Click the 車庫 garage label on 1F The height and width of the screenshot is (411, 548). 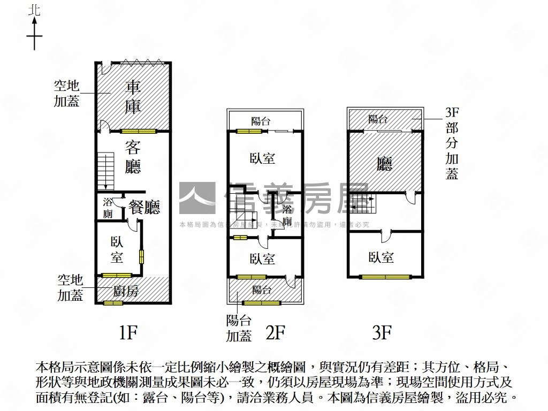(133, 97)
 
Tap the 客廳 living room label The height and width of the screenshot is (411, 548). (133, 156)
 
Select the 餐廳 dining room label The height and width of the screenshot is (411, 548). (145, 207)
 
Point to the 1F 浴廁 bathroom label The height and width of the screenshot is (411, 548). (108, 208)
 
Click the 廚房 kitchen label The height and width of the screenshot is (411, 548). (126, 291)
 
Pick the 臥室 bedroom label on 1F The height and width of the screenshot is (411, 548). (117, 249)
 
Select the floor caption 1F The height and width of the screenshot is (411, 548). (128, 333)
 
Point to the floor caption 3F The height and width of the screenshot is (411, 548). (382, 333)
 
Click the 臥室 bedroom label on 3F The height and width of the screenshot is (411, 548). (381, 257)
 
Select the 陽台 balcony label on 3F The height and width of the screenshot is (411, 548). (378, 119)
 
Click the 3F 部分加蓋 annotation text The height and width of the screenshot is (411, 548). (452, 143)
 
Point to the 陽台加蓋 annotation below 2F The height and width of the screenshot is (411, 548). (239, 328)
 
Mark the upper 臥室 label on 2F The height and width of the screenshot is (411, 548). (262, 158)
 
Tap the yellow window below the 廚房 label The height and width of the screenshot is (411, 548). (113, 303)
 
